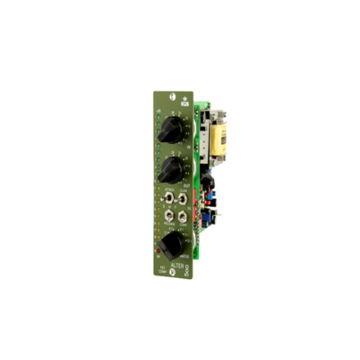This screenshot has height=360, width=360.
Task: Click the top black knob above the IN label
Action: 167,133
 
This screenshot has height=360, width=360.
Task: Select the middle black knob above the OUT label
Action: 167,169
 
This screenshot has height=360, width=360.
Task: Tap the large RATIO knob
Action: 172,243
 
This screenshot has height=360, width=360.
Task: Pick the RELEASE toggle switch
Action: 168,217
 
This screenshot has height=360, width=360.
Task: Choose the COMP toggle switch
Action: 181,217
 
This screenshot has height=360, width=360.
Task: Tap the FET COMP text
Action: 163,267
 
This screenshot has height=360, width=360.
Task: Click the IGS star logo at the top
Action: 184,100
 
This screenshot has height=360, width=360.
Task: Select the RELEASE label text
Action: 167,226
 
